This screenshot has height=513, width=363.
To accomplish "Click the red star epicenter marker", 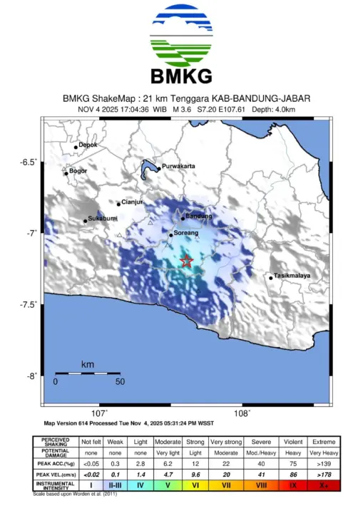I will pos(187,261).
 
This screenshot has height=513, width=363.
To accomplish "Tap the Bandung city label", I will pos(198,216).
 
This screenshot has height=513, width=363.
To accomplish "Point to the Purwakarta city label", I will pos(178,166).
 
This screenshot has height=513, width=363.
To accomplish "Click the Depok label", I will pos(88,145).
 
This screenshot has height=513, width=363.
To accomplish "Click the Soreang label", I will pos(185,232).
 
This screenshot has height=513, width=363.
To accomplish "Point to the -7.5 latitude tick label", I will pos(28,305).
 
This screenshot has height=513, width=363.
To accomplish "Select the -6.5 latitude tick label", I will pos(28,162).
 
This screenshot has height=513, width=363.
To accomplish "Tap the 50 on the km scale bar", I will pos(120,381).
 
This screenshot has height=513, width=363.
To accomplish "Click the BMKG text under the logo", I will pos(181,76).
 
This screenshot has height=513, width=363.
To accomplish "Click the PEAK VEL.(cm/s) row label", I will pos(55,474).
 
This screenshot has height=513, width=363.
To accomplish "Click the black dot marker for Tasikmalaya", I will pos(271,277).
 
